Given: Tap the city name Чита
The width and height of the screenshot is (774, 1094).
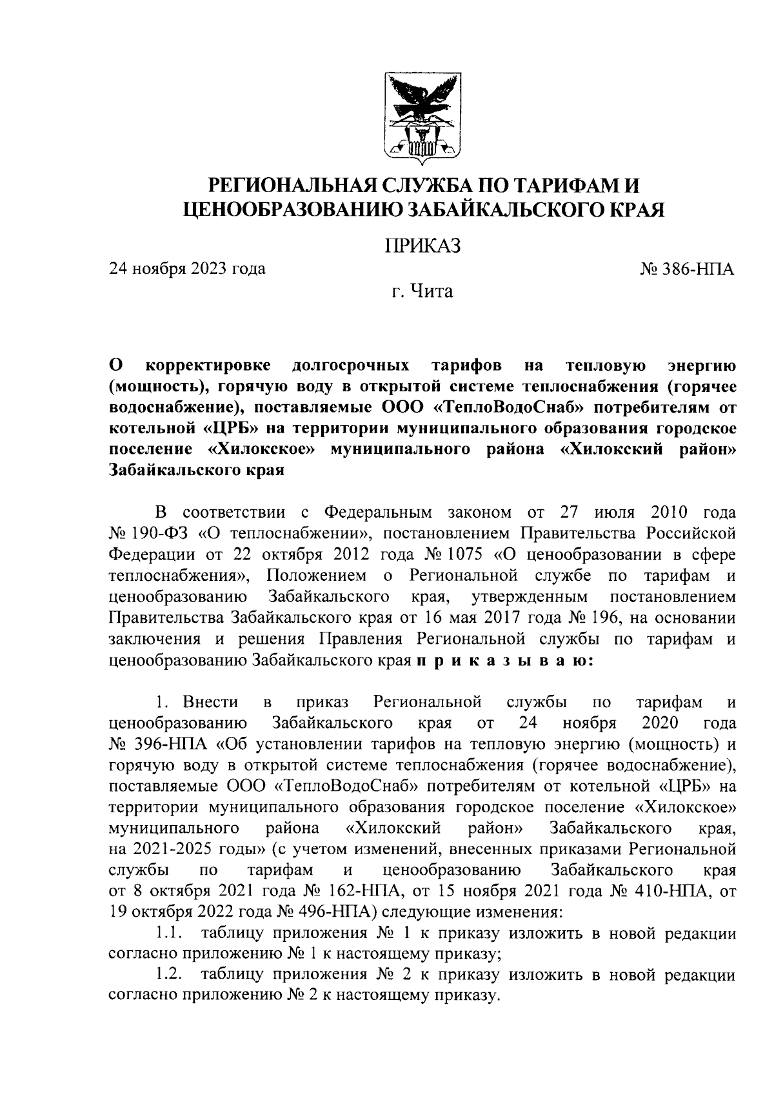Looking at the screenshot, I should point(432,292).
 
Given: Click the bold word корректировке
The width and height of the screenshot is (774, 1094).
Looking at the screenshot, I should point(209,366).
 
